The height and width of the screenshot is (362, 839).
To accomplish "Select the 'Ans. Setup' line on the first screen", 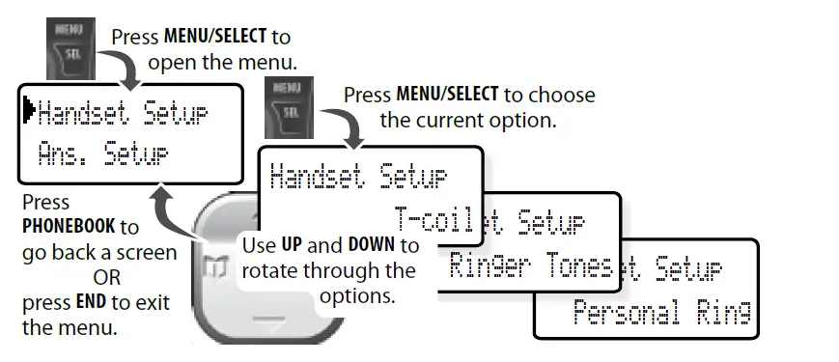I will coord(102,153).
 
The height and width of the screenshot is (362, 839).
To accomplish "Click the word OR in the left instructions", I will coord(94,278).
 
